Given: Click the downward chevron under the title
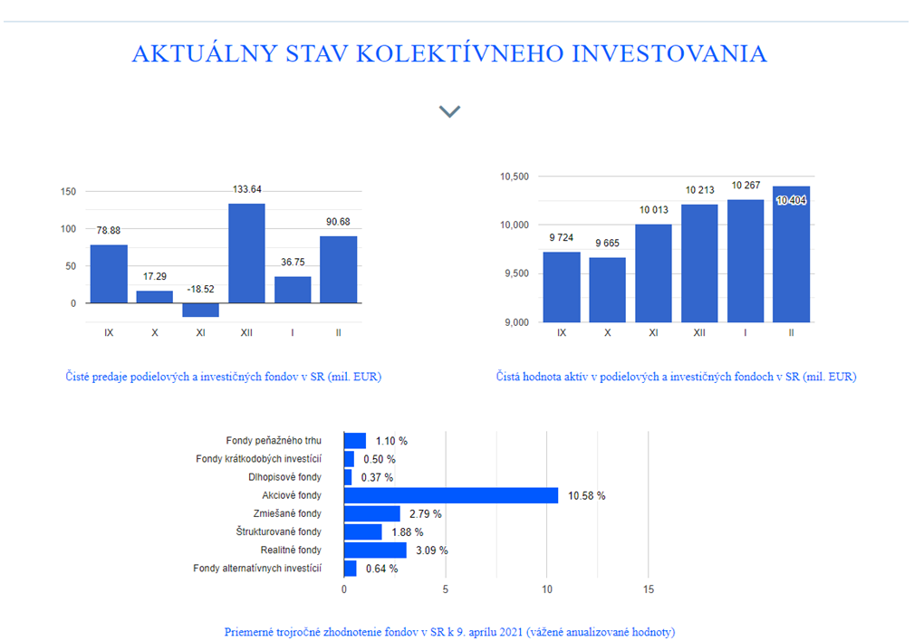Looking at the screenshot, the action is (x=449, y=111).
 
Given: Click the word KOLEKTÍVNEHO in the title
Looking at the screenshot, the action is (x=460, y=53).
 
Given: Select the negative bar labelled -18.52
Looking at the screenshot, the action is (x=200, y=310).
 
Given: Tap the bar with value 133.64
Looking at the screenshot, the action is (x=246, y=254).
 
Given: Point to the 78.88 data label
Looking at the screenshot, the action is (x=109, y=230).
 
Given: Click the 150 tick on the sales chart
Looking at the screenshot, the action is (x=68, y=191).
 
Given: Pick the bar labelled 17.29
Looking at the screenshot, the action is (x=155, y=297).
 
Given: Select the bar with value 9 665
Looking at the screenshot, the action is (x=608, y=290).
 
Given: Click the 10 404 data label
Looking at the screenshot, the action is (x=791, y=200).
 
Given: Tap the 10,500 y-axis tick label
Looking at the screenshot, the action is (x=515, y=177).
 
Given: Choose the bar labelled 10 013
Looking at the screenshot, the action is (x=653, y=273).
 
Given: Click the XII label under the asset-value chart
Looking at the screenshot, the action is (x=699, y=333).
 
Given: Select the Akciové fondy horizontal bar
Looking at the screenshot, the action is (x=451, y=495).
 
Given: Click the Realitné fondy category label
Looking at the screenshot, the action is (x=291, y=550).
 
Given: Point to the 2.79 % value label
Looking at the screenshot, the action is (x=425, y=514).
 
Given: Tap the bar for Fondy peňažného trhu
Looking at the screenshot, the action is (x=355, y=441).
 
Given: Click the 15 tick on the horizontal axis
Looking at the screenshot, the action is (x=649, y=589).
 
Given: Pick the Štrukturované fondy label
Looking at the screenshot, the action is (x=279, y=531).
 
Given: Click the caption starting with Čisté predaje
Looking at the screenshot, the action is (x=223, y=377).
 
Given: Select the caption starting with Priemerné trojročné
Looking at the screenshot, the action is (x=449, y=632).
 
